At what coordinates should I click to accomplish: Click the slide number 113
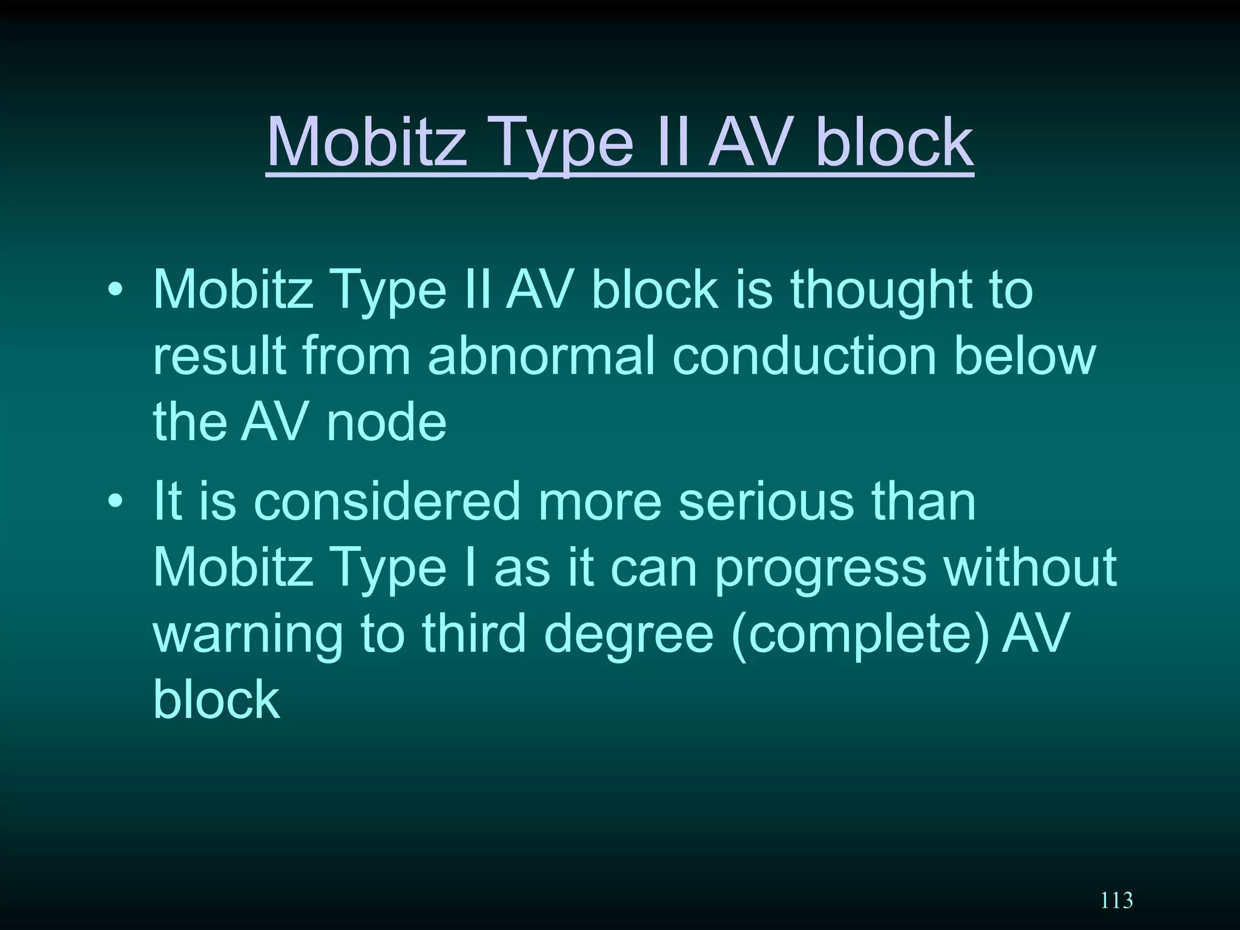coord(1116,900)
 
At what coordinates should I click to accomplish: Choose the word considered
coord(387,501)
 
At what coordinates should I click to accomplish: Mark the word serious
coord(765,501)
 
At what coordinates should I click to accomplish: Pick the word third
coord(474,633)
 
